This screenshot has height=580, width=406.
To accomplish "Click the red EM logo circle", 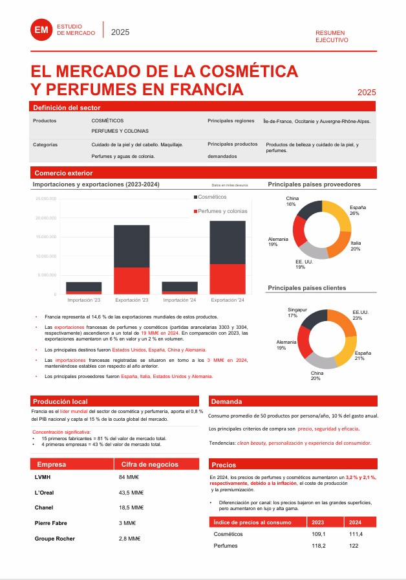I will point(41,30).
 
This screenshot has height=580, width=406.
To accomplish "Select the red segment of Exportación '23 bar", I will point(132,280).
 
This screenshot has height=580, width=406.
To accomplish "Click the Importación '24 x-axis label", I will point(180,300).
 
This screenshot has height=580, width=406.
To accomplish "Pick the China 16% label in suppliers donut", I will point(292,201).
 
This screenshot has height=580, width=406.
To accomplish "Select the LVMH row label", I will point(42,477).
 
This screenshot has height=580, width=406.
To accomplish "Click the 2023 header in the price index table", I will point(318,522).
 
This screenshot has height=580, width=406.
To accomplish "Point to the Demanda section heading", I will point(227,401).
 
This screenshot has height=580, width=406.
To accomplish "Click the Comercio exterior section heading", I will point(63,173).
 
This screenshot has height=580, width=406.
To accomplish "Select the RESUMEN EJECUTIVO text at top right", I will point(332,36).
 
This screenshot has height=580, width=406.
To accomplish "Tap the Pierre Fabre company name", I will point(52,523).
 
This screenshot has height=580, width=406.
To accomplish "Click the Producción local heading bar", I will point(60,401).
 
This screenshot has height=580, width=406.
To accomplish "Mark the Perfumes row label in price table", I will point(226,546).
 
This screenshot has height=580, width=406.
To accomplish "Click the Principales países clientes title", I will point(307,287).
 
